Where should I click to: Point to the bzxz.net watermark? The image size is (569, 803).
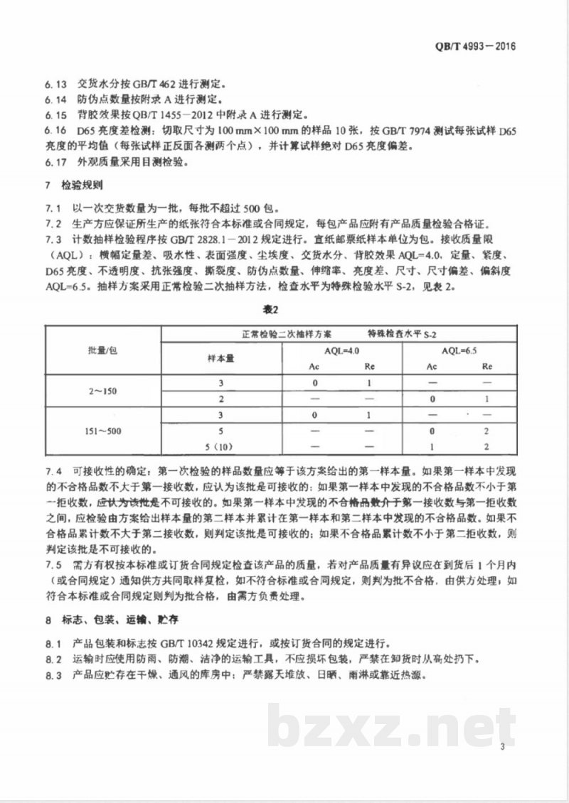(390, 724)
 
